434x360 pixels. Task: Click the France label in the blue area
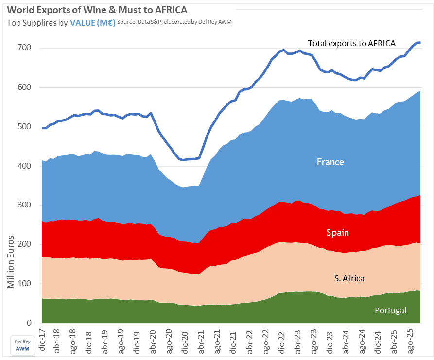click(x=330, y=162)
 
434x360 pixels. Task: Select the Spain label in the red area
click(x=337, y=232)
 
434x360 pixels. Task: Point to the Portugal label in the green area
click(x=390, y=310)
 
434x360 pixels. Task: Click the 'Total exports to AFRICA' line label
click(x=352, y=43)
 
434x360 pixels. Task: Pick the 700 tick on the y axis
click(x=25, y=48)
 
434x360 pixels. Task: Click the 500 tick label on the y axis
click(x=25, y=127)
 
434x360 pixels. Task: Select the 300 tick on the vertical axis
click(x=25, y=206)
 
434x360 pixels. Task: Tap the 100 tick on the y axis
click(x=25, y=284)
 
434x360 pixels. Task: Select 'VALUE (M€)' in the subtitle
click(x=92, y=22)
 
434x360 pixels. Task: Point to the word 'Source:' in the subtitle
click(x=127, y=22)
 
